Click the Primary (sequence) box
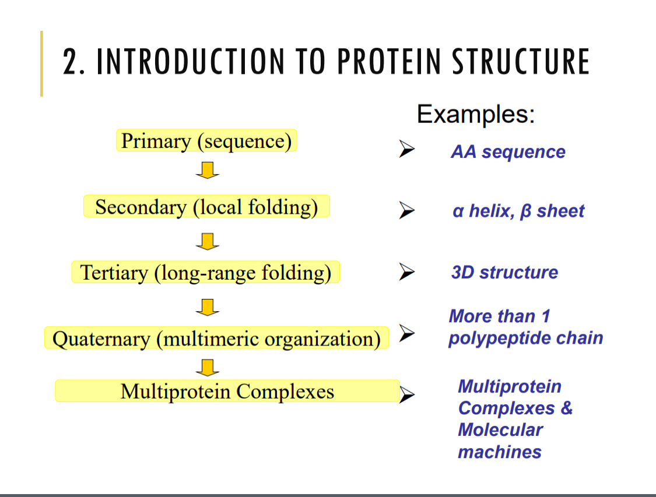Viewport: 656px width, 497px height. point(206,141)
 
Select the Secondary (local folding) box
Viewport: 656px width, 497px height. point(206,207)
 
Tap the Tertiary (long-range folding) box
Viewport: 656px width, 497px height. point(205,272)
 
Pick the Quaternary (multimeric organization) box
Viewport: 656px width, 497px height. point(216,339)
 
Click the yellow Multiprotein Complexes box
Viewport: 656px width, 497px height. point(227,391)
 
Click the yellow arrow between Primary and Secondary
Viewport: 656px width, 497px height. point(207,171)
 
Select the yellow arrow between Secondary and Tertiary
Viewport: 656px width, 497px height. point(207,241)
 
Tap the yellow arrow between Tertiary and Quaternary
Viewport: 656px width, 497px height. point(207,306)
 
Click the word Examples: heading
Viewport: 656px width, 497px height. point(475,114)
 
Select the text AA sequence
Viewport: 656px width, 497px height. point(508,152)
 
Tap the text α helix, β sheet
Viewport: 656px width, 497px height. point(518,211)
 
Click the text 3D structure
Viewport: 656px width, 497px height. point(504,272)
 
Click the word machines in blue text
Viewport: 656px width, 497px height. point(499,452)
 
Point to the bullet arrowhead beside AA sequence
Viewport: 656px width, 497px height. point(406,150)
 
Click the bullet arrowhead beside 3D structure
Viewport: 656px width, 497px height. point(406,272)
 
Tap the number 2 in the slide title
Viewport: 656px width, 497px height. point(70,62)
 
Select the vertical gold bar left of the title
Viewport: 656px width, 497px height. point(41,64)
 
